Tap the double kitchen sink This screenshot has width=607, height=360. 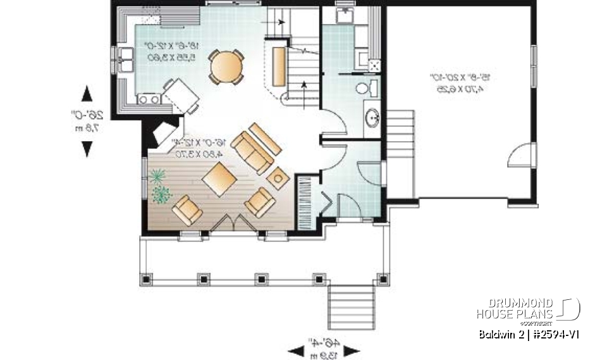click(x=123, y=63)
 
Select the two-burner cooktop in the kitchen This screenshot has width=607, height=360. click(x=149, y=98)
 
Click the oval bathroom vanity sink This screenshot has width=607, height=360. click(x=372, y=117)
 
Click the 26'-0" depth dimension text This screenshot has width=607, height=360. click(x=83, y=121)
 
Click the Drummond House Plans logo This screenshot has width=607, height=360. click(x=528, y=309)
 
